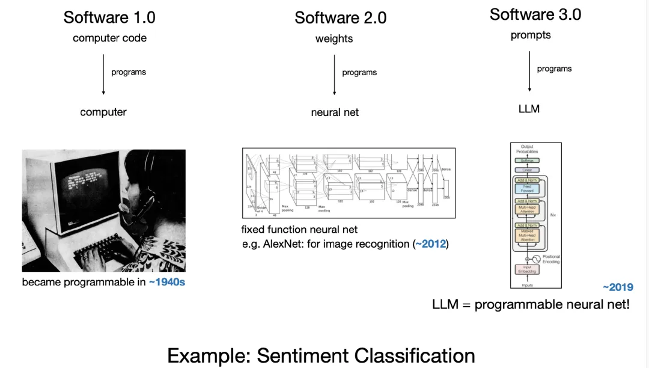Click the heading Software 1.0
tap(109, 17)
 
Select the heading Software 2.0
tap(340, 18)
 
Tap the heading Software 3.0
tap(535, 14)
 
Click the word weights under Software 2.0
tap(334, 39)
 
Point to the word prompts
tap(531, 35)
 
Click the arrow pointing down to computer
tap(103, 74)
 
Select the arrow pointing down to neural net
tap(334, 74)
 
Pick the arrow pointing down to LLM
tap(529, 71)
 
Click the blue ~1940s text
tap(167, 282)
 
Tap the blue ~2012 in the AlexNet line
tap(431, 244)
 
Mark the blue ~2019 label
tap(618, 287)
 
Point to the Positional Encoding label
tap(551, 259)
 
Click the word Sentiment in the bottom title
tap(303, 356)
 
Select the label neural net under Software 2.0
tap(335, 112)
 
